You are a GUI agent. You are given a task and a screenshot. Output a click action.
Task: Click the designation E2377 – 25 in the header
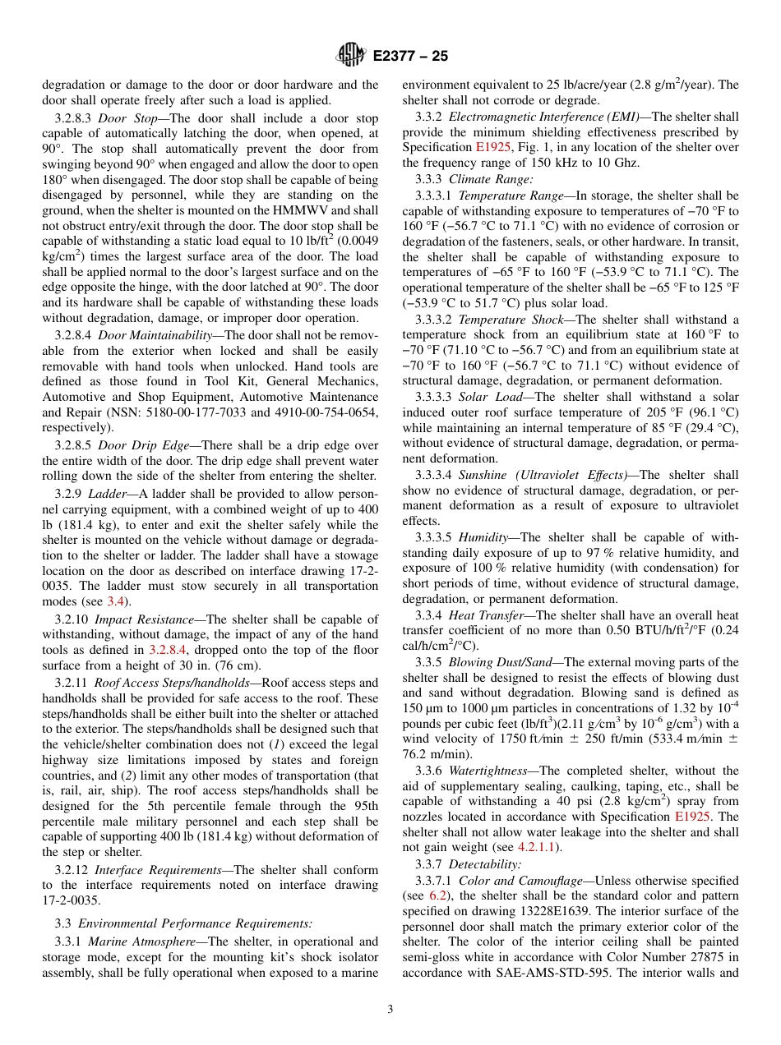click(x=409, y=57)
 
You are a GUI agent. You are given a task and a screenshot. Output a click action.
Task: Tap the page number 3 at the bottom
click(x=390, y=1010)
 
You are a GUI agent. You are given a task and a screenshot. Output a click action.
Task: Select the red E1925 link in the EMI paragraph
click(x=492, y=147)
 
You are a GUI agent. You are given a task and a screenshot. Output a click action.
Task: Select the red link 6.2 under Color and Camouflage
click(x=437, y=895)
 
